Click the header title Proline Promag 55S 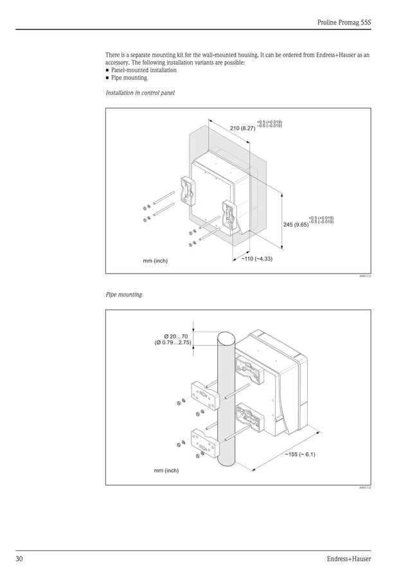coord(344,22)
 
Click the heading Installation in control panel coord(140,93)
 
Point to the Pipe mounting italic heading coord(124,295)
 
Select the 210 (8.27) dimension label coord(242,128)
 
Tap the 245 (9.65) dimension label coord(296,224)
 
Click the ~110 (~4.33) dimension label coord(257,259)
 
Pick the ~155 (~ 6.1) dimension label coord(299,455)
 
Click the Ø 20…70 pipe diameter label coord(175,336)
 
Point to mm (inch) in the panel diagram coord(155,261)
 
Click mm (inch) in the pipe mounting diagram coord(166,471)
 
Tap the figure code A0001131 coord(365,276)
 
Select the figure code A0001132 coord(365,488)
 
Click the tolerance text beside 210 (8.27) coord(269,124)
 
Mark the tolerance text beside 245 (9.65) coord(321,220)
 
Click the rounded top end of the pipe coord(227,337)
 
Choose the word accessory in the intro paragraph coord(118,63)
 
